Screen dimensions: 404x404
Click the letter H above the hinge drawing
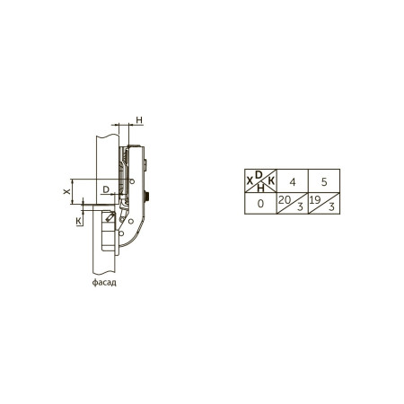139,120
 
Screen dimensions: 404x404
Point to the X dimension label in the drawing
66,191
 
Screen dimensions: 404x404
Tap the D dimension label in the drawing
106,189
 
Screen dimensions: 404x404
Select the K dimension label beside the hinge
79,221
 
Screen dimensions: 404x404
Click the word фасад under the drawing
104,282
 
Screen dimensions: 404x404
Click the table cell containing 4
293,180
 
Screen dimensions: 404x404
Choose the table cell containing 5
324,180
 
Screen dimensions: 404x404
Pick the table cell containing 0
260,204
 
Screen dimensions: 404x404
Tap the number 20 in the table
284,200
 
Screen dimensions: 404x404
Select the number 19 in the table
315,200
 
